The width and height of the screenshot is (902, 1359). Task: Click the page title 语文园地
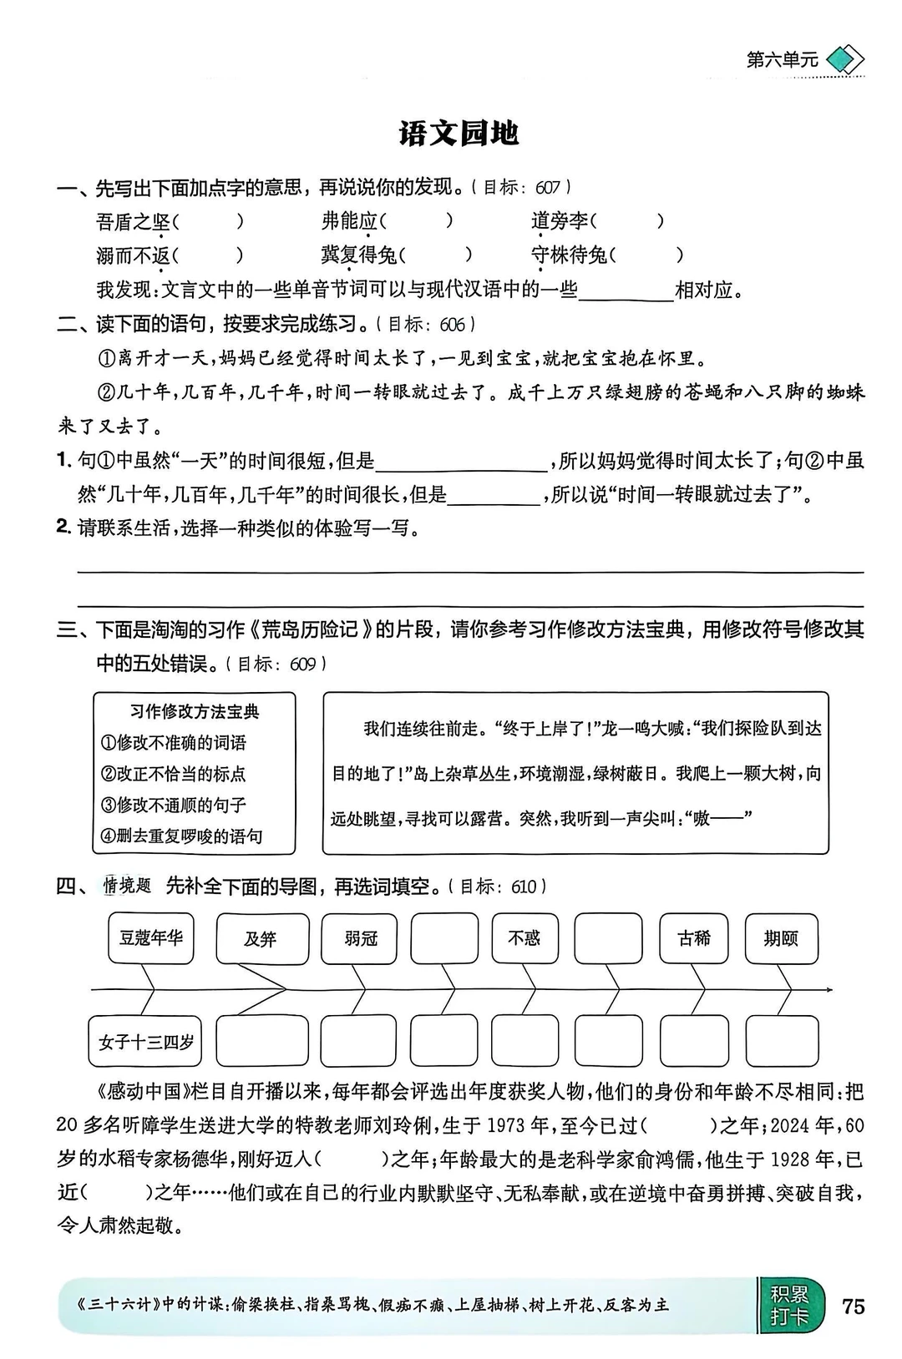pos(459,134)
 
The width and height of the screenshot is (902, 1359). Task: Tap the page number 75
pos(854,1306)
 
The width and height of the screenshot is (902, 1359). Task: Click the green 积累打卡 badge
pos(789,1306)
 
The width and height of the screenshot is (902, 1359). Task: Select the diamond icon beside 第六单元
pos(844,60)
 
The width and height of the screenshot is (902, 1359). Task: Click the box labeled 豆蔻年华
pos(151,937)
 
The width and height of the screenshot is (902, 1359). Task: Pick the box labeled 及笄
pos(261,939)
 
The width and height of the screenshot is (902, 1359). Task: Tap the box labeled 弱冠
pos(360,938)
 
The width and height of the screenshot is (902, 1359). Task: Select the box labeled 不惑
pos(524,938)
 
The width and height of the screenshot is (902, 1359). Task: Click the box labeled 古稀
pos(694,938)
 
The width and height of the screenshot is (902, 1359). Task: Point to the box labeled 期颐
pos(781,938)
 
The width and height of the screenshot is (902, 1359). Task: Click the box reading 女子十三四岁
pos(145,1042)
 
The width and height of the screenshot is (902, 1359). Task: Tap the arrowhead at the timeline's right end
pos(829,990)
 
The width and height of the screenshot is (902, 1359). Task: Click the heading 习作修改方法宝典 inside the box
pos(195,711)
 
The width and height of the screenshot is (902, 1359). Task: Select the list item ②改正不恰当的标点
pos(174,774)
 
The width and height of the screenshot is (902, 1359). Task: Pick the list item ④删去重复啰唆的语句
pos(182,836)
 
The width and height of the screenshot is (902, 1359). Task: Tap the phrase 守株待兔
pos(569,255)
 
